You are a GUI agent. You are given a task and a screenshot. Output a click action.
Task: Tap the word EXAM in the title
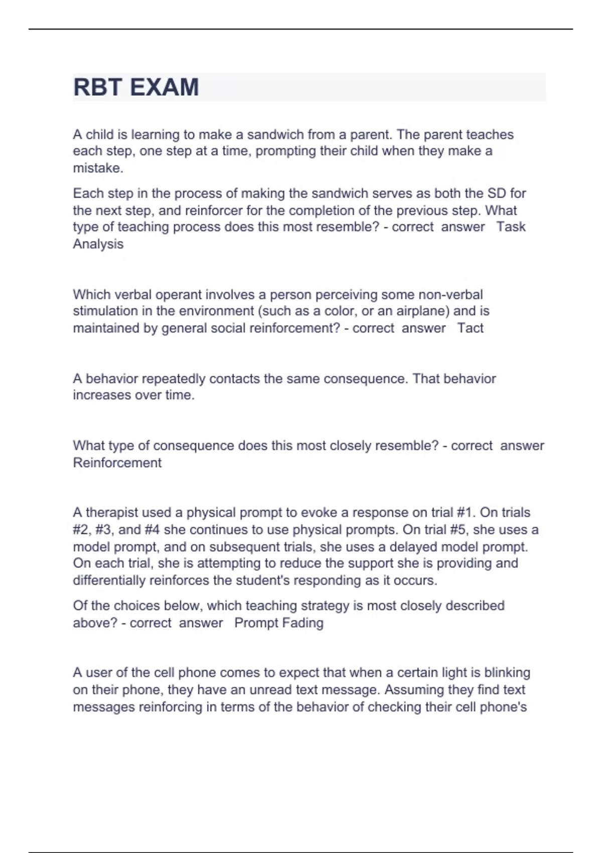click(165, 87)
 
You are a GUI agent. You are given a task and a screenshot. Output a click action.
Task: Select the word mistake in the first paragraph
click(98, 168)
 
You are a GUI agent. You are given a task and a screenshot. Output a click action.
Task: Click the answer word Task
click(511, 227)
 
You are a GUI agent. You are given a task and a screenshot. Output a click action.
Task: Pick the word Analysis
click(98, 244)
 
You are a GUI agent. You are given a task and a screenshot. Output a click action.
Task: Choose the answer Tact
click(470, 328)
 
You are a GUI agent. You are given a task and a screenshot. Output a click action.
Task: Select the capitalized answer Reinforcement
click(117, 463)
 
